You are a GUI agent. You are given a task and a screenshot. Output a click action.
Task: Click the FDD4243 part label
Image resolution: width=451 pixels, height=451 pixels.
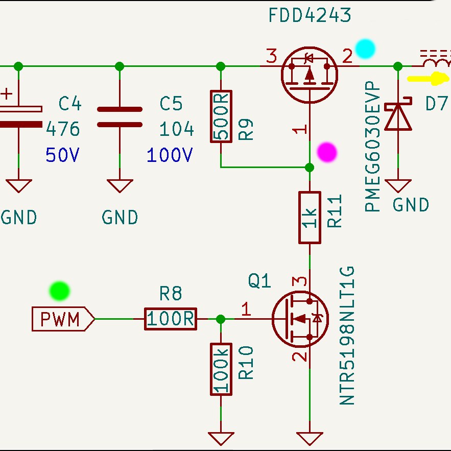coord(310,15)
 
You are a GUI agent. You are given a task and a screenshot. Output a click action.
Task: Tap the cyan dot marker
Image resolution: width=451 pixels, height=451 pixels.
coord(365,49)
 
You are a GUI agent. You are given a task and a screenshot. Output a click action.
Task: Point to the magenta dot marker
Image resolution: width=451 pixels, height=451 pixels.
coord(327,152)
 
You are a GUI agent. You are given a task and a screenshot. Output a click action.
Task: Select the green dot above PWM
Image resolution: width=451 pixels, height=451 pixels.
coord(60,291)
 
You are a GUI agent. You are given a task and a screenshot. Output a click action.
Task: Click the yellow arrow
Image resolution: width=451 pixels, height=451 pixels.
coord(428,79)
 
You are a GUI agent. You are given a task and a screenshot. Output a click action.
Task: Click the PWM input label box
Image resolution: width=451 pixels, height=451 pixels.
coord(63,319)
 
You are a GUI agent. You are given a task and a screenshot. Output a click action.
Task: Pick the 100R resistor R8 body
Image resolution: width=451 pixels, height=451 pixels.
coord(171,319)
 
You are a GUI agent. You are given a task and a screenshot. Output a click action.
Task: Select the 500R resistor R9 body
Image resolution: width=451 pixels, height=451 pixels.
coord(221,116)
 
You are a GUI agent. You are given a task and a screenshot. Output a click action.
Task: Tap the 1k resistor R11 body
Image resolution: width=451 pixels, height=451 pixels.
coord(310,218)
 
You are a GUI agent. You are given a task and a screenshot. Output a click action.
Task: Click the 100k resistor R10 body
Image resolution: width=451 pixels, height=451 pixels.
coord(221,369)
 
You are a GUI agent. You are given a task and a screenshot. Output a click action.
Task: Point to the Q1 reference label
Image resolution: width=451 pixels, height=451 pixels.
coord(259,281)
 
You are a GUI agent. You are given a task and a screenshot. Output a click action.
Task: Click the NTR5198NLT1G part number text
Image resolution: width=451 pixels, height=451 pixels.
coord(347,336)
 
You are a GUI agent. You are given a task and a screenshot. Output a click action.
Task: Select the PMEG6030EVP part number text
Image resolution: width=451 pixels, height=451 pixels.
coord(372,147)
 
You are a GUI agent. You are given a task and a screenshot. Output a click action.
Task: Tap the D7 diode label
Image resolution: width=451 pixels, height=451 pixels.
coord(437,104)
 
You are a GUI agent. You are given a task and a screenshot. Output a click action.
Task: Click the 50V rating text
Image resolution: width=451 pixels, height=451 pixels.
coord(62,155)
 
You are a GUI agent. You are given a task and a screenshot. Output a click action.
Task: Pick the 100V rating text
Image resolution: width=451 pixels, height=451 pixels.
coord(170,155)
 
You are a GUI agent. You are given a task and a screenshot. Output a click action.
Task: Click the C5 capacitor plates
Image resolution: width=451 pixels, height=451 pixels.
coord(120,117)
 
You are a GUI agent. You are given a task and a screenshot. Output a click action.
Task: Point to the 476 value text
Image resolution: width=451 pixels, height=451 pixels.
coord(63,129)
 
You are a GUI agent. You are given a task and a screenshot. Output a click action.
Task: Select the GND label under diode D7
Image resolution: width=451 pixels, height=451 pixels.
coord(411,205)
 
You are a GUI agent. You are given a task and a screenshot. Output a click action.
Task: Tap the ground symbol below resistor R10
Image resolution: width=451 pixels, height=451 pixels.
coord(221,439)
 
